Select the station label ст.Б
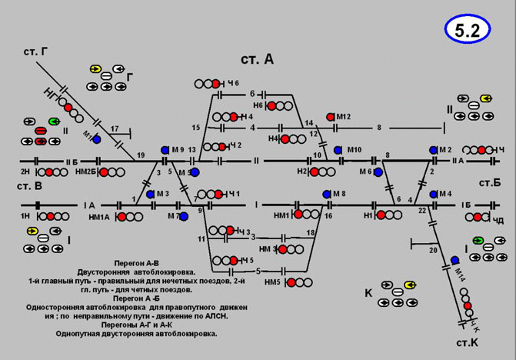click(489, 182)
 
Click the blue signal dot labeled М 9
click(165, 149)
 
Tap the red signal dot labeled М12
click(331, 116)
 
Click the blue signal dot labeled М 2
click(433, 149)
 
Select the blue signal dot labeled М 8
click(326, 194)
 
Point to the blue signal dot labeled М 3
click(150, 194)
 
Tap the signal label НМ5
click(271, 283)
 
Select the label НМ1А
click(100, 218)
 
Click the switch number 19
click(140, 155)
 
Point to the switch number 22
click(422, 210)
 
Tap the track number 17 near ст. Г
click(115, 128)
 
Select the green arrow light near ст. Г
click(53, 122)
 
